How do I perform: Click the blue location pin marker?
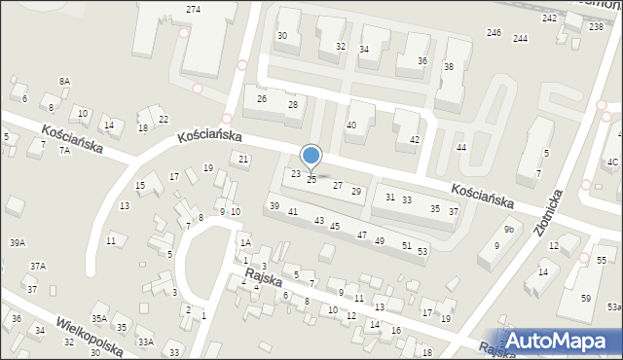click(x=311, y=156)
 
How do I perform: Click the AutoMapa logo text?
click(x=563, y=341)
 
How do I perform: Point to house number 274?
click(x=193, y=9)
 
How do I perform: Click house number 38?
click(x=449, y=67)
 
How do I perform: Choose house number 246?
click(x=494, y=33)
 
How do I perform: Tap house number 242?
click(x=550, y=18)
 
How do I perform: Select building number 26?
click(x=261, y=99)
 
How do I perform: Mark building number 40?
click(x=351, y=125)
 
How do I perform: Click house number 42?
click(x=415, y=140)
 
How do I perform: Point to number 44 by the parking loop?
click(x=461, y=147)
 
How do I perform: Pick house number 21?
click(x=244, y=159)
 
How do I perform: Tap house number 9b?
click(x=508, y=230)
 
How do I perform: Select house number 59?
click(x=585, y=298)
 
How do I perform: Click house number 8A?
click(x=64, y=81)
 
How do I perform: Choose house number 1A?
click(x=246, y=242)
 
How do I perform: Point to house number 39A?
click(x=18, y=242)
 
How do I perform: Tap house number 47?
click(x=361, y=235)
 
